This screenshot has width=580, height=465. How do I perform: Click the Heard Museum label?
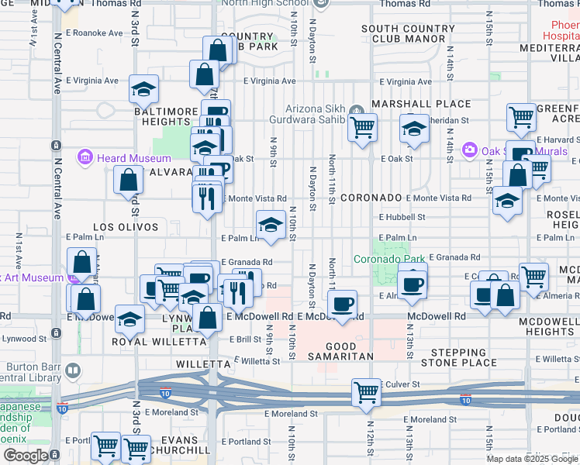tap(123, 158)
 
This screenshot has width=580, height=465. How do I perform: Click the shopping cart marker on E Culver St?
tap(366, 391)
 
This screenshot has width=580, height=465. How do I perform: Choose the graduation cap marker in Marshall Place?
tap(415, 128)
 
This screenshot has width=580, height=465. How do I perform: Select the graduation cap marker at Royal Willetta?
tap(130, 318)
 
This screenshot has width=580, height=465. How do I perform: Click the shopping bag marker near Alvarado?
tap(128, 181)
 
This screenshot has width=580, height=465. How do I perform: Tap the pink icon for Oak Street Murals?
tap(468, 150)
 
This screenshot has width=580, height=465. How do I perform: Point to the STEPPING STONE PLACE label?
tap(458, 357)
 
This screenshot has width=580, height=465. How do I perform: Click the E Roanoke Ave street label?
tap(95, 33)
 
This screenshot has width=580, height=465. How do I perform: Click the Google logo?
tap(26, 456)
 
